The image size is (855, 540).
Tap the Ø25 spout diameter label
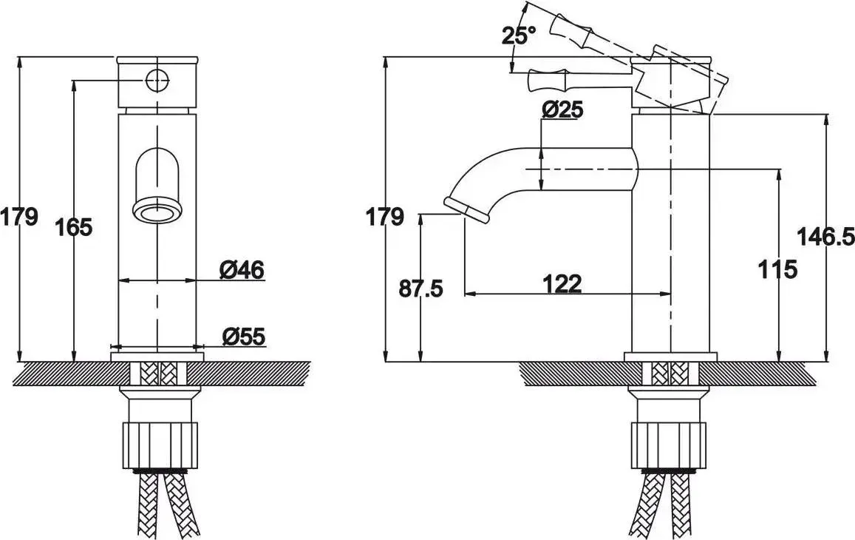point(562,109)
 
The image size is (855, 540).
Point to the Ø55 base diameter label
point(244,336)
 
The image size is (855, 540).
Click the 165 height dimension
point(74,226)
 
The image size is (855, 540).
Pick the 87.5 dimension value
point(420,288)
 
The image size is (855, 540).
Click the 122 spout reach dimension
point(562,283)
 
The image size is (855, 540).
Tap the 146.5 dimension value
point(825,237)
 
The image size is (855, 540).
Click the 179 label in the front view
point(19,216)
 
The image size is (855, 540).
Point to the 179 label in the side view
point(385,216)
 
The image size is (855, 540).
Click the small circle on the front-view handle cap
point(157,81)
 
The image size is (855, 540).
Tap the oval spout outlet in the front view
point(157,212)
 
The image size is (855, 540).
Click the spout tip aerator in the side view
point(467,209)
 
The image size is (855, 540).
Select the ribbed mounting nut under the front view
point(157,445)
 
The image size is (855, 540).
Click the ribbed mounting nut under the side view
point(669,445)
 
